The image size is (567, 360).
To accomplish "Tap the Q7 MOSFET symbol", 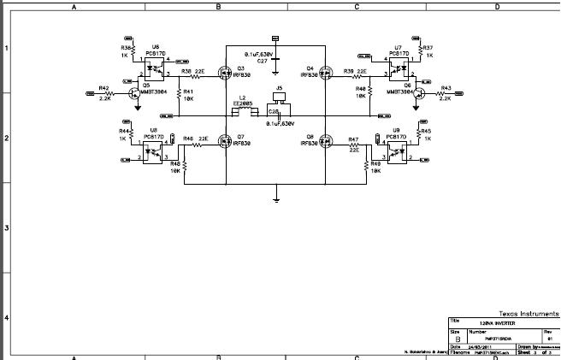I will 224,142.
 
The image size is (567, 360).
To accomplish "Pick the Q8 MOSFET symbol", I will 326,142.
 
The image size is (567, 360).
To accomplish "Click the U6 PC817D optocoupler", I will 155,68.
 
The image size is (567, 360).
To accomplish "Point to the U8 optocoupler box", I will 155,150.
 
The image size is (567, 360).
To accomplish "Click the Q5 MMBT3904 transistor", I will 133,93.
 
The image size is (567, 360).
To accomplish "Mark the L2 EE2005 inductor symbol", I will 245,111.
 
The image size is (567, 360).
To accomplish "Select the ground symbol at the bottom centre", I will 276,201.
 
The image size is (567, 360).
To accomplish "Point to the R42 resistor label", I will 103,87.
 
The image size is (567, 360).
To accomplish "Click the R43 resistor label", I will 446,87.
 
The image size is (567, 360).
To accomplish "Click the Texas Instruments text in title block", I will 531,314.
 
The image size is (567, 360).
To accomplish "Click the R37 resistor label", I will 428,47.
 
